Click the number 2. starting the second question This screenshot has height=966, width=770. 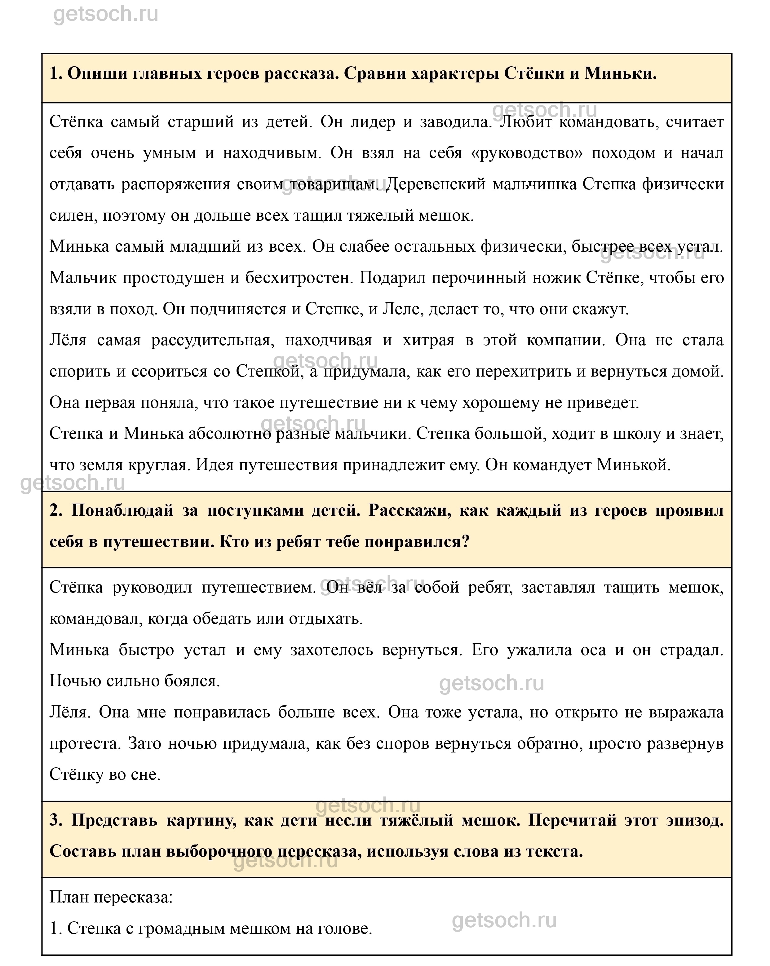[x=56, y=510]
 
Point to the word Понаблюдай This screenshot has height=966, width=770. [x=122, y=510]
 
